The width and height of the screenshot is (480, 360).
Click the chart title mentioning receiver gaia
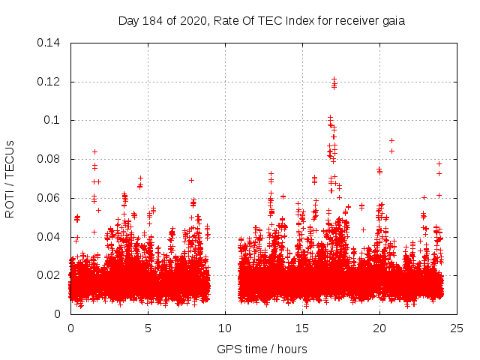pyautogui.click(x=262, y=21)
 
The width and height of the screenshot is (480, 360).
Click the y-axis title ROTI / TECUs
pyautogui.click(x=10, y=178)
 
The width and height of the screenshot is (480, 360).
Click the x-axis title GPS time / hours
pyautogui.click(x=262, y=349)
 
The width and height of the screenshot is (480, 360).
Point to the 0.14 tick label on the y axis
pyautogui.click(x=50, y=43)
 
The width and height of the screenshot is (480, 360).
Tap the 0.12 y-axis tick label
pyautogui.click(x=50, y=82)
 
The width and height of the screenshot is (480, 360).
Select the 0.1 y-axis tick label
pyautogui.click(x=54, y=120)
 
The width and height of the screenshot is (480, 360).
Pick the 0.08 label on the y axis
pyautogui.click(x=50, y=159)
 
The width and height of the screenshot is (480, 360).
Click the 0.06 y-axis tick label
pyautogui.click(x=50, y=198)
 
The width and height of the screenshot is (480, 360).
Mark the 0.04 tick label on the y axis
pyautogui.click(x=50, y=237)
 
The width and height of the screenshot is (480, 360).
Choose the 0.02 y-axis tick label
pyautogui.click(x=50, y=275)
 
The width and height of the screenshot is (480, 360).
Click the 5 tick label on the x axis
pyautogui.click(x=148, y=328)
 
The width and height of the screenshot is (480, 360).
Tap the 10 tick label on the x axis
pyautogui.click(x=225, y=328)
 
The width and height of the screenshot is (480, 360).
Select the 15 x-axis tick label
pyautogui.click(x=302, y=328)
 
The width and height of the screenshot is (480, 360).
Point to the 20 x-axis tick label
pyautogui.click(x=379, y=328)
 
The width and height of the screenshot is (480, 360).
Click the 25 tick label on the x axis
pyautogui.click(x=457, y=328)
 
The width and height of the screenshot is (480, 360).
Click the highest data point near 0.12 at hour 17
pyautogui.click(x=334, y=79)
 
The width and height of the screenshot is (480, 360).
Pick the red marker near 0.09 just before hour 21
pyautogui.click(x=391, y=140)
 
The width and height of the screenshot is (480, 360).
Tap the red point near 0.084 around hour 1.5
pyautogui.click(x=94, y=151)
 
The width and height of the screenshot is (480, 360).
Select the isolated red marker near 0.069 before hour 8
pyautogui.click(x=191, y=180)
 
